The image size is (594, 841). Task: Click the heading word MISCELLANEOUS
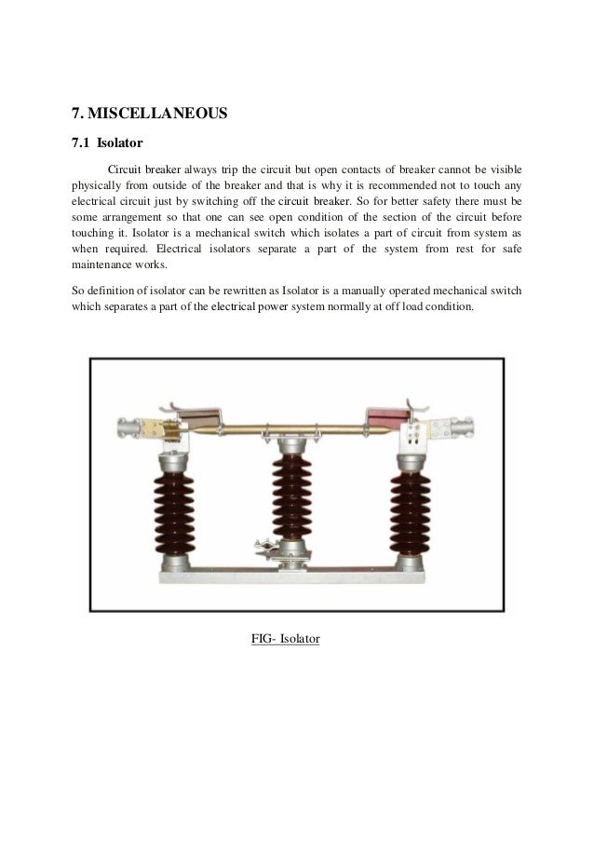(x=157, y=114)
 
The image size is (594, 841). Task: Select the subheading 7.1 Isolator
(x=107, y=142)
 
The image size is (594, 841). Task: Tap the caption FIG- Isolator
(x=285, y=639)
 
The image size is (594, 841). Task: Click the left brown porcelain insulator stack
(x=174, y=514)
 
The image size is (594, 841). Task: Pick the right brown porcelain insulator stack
(x=410, y=513)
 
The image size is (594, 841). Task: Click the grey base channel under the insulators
(x=292, y=576)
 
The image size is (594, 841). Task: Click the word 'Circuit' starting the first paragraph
(x=125, y=170)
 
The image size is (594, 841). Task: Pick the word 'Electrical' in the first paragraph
(x=179, y=249)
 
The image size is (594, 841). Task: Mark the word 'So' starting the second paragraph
(x=77, y=291)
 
